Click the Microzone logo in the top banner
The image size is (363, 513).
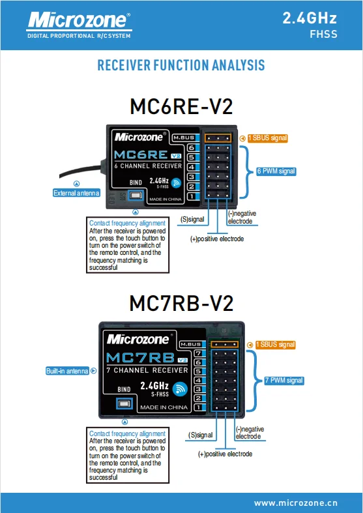(x=79, y=25)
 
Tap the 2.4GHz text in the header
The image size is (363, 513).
(x=310, y=18)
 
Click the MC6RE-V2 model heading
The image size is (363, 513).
(x=181, y=106)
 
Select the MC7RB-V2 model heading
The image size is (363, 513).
(x=181, y=303)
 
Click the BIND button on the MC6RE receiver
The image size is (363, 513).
(x=136, y=196)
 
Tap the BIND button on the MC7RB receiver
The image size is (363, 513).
(x=124, y=403)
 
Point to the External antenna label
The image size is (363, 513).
(x=76, y=193)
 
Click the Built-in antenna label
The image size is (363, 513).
(x=67, y=371)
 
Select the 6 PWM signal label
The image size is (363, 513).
(x=276, y=171)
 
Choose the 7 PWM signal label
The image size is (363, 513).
(x=284, y=381)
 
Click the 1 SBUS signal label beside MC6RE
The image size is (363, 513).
(x=267, y=138)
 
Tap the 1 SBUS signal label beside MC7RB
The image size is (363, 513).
(x=276, y=345)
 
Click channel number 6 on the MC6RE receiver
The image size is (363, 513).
(x=192, y=148)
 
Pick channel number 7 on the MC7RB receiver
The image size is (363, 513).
(x=199, y=353)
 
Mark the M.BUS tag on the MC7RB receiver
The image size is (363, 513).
(x=191, y=344)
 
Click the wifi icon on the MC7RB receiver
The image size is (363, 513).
(x=180, y=389)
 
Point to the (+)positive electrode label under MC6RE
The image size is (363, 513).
(x=217, y=239)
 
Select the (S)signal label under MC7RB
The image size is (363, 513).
(x=201, y=435)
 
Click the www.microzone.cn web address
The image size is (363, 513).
(x=296, y=503)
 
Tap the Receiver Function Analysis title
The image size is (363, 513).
(x=181, y=65)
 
